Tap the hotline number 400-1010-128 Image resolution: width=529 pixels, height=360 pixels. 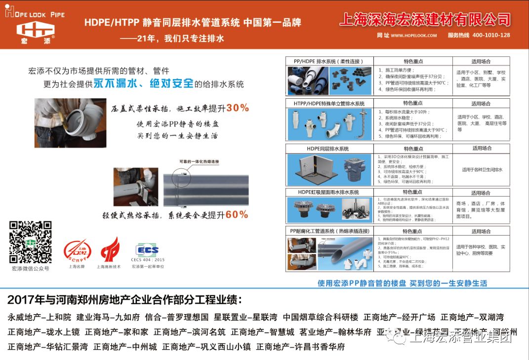[x=491, y=35]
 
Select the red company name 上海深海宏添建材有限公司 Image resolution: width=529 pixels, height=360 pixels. [x=425, y=19]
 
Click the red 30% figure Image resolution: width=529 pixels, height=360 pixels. [x=238, y=108]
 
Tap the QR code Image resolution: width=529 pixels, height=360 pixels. [x=30, y=242]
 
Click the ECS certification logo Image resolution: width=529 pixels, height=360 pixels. [x=148, y=250]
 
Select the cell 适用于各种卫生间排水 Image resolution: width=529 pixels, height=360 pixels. [x=482, y=169]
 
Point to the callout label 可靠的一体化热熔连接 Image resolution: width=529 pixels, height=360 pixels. [x=199, y=161]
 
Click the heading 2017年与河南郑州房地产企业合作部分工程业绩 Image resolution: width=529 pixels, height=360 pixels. [x=125, y=300]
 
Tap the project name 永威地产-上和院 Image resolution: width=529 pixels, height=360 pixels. [x=40, y=318]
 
